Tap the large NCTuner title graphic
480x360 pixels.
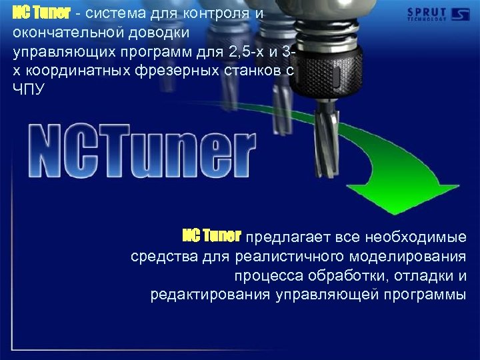click(141, 151)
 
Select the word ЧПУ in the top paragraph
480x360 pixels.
click(28, 89)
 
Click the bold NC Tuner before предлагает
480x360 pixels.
click(212, 236)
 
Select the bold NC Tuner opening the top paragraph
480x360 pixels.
click(41, 13)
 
